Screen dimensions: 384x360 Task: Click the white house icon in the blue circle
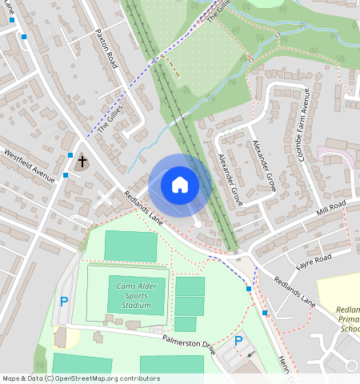click(x=180, y=185)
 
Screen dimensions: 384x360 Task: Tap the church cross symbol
click(x=82, y=162)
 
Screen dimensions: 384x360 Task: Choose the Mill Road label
click(x=330, y=210)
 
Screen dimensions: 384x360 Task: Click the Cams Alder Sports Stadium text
click(x=128, y=295)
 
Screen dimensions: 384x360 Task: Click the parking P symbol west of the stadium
click(x=64, y=302)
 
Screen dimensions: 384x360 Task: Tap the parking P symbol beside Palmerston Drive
click(x=238, y=342)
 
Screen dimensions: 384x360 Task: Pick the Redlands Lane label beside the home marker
click(x=144, y=208)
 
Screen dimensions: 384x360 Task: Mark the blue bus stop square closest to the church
click(x=70, y=155)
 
